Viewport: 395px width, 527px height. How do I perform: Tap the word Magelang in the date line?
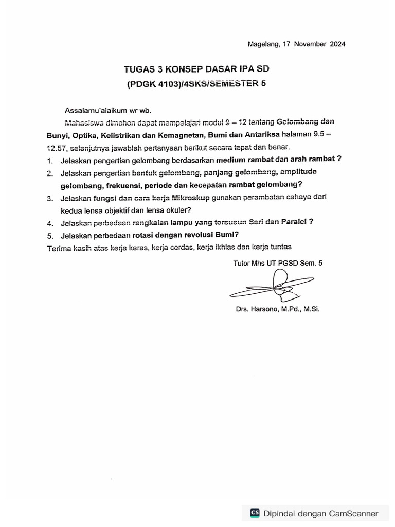(263, 44)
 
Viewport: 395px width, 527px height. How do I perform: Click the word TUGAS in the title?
(138, 68)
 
